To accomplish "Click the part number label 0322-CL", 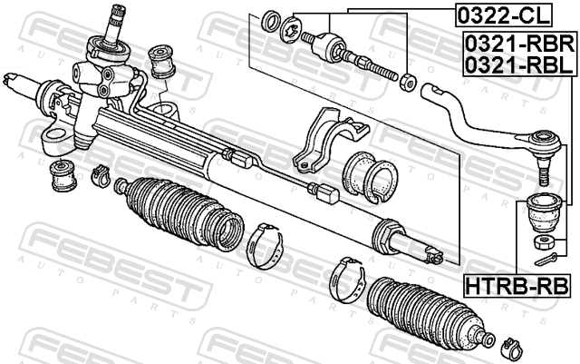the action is coord(504,15).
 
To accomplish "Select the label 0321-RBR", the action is coord(520,44).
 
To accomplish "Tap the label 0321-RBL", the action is coord(519,64).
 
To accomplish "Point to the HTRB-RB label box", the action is coord(517,287).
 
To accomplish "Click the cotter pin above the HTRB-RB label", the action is coord(546,259).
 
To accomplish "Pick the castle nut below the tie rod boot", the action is coord(544,242).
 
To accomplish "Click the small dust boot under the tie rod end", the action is coord(544,213).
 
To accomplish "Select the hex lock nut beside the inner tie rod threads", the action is coord(407,82).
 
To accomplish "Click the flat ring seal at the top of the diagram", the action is coord(271,21).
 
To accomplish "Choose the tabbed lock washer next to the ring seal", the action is coord(291,28).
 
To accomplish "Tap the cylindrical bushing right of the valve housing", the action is coord(162,62).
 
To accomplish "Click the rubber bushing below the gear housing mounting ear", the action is coord(63,175).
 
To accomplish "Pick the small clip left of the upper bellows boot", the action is coord(101,175).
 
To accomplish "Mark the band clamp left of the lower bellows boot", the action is coord(348,280).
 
